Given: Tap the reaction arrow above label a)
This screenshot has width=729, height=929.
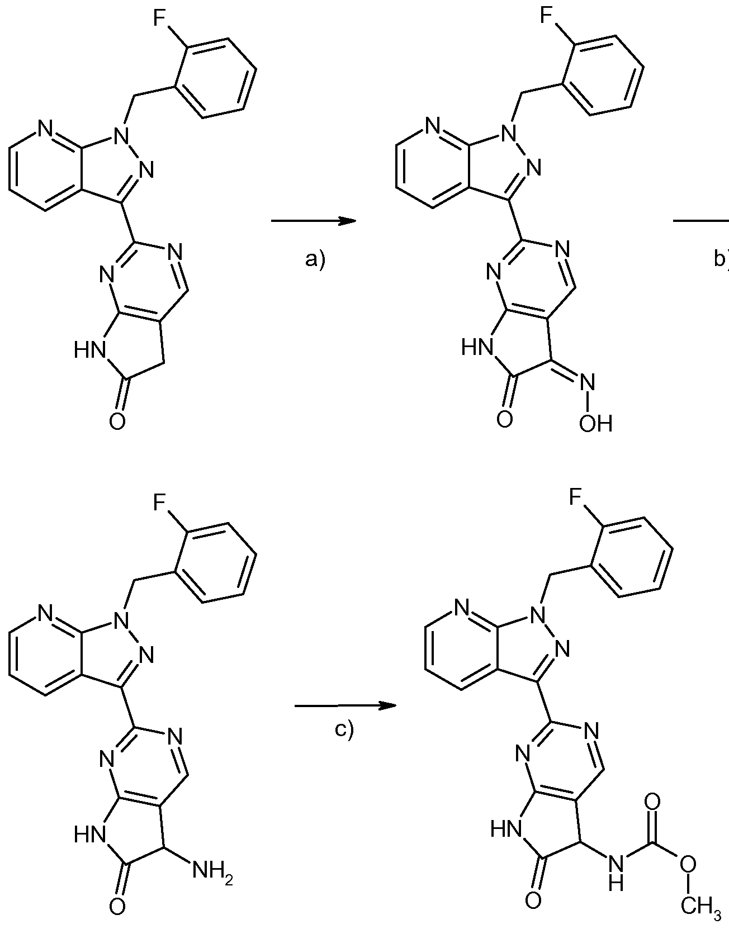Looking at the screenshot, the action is tap(314, 221).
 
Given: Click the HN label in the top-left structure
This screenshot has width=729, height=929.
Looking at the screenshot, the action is tap(89, 350).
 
